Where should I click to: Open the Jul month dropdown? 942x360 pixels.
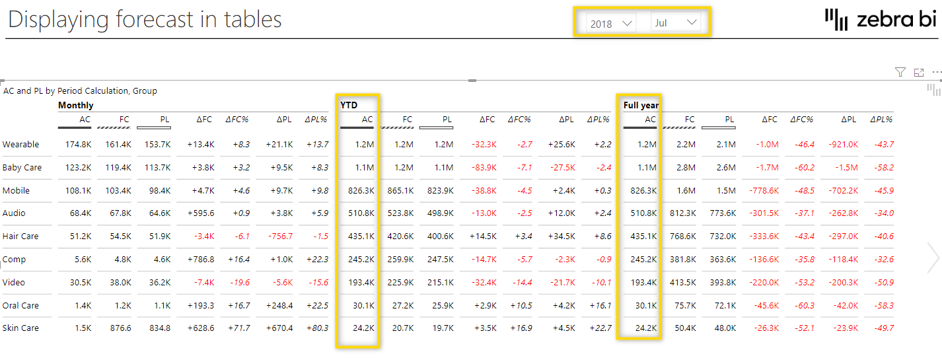pyautogui.click(x=674, y=23)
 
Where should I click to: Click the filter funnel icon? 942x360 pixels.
pyautogui.click(x=900, y=72)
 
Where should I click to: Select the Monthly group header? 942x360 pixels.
pyautogui.click(x=75, y=105)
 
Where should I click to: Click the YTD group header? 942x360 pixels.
pyautogui.click(x=349, y=105)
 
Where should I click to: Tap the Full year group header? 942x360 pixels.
pyautogui.click(x=641, y=105)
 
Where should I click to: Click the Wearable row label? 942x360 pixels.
pyautogui.click(x=21, y=145)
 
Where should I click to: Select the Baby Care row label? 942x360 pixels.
pyautogui.click(x=22, y=168)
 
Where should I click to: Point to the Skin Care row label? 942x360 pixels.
pyautogui.click(x=20, y=328)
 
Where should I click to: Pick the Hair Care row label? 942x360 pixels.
pyautogui.click(x=20, y=236)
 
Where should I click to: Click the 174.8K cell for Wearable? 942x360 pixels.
pyautogui.click(x=78, y=145)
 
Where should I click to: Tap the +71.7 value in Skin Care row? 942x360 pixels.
pyautogui.click(x=240, y=328)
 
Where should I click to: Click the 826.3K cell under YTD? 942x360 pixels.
pyautogui.click(x=361, y=191)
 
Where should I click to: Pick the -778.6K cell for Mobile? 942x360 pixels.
pyautogui.click(x=762, y=191)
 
